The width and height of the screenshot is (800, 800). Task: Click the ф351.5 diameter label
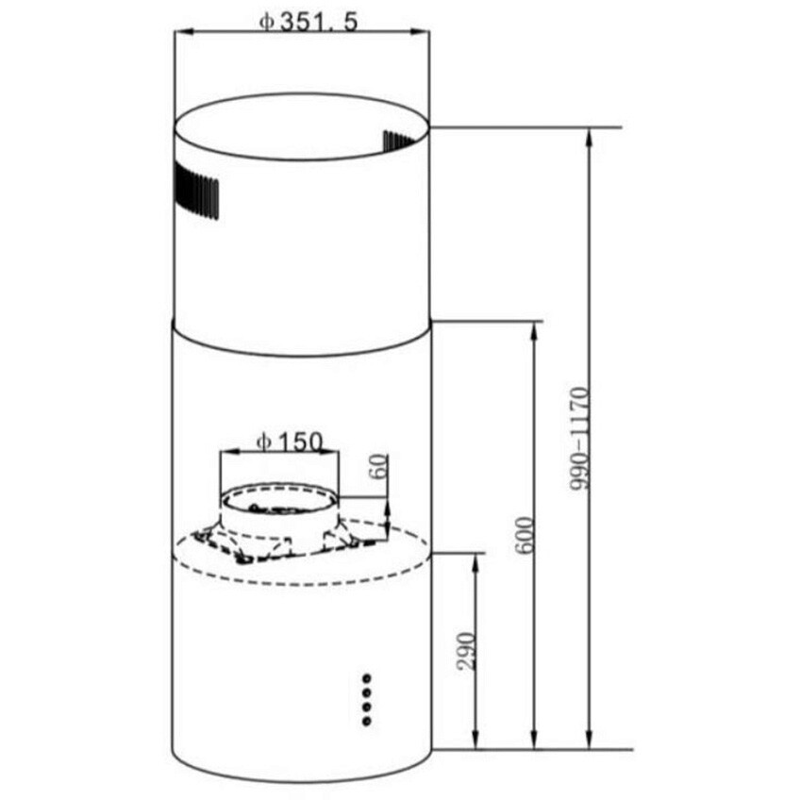tap(308, 23)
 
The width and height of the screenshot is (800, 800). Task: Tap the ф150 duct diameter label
tap(290, 442)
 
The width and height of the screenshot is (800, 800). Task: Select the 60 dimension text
tap(378, 465)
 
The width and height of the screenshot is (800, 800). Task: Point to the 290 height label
tap(466, 651)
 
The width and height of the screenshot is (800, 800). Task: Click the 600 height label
tap(524, 535)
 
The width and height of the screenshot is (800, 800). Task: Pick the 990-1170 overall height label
tap(578, 440)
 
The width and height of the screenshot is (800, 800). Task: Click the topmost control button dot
tap(366, 678)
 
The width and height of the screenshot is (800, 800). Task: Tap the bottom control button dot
tap(366, 722)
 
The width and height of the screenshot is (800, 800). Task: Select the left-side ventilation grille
tap(196, 191)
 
